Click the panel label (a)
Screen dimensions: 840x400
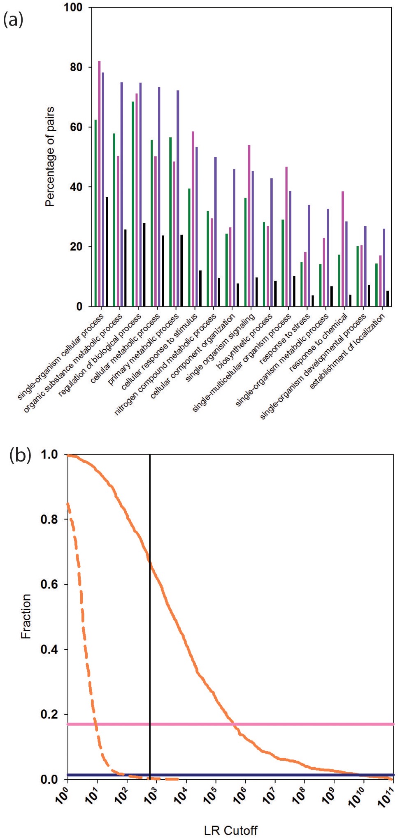pos(13,19)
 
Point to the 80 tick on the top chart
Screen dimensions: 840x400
pos(76,67)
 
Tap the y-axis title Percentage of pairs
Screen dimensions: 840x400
pos(50,157)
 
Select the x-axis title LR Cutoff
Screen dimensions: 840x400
pos(230,830)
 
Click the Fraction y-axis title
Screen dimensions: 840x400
pos(26,616)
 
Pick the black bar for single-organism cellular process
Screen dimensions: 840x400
pos(107,252)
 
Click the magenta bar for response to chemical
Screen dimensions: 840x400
pos(342,249)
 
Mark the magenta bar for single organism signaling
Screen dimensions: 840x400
pos(249,226)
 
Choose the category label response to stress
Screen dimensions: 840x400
pos(284,339)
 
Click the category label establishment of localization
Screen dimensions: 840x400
pos(347,351)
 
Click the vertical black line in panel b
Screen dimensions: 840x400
pos(150,616)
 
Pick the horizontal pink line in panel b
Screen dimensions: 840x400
pos(288,724)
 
